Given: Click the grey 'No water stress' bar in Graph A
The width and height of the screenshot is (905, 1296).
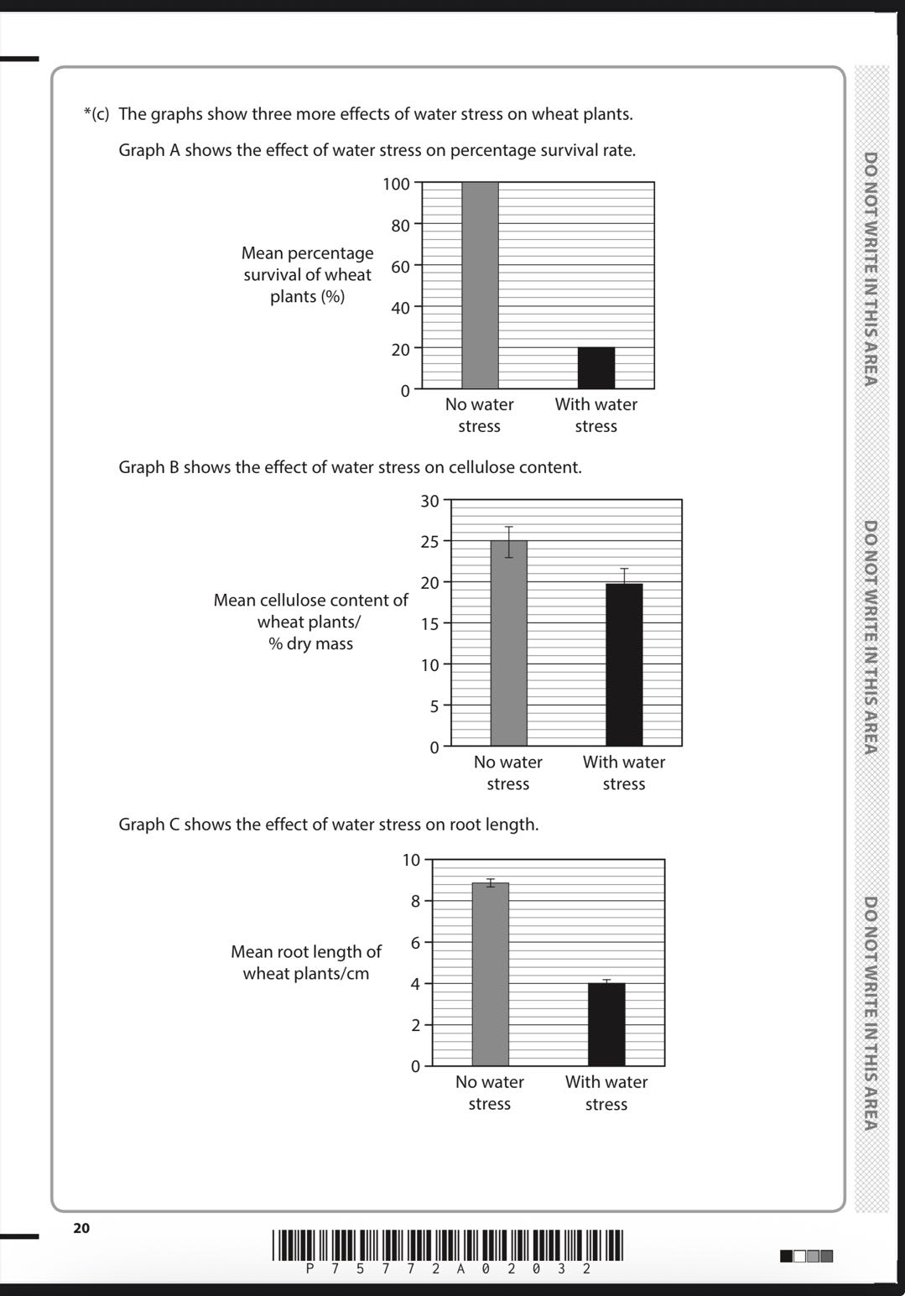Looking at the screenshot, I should click(480, 285).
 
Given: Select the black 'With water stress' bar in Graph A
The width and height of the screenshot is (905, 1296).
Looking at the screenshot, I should click(596, 367).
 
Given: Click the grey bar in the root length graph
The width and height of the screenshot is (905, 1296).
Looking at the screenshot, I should click(490, 974).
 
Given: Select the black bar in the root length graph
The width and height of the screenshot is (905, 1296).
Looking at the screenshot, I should click(606, 1024).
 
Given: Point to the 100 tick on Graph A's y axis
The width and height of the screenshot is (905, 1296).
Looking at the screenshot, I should click(396, 184).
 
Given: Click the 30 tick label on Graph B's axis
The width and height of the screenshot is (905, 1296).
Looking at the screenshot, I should click(429, 501).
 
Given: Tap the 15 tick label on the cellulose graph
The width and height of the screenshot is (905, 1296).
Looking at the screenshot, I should click(429, 623).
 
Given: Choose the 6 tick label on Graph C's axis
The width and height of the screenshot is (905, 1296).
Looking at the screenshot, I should click(415, 942).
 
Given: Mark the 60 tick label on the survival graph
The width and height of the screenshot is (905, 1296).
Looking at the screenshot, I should click(400, 267).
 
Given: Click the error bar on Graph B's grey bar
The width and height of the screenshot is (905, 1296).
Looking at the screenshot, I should click(508, 542).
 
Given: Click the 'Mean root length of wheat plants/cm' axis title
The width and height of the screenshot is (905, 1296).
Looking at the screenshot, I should click(306, 962).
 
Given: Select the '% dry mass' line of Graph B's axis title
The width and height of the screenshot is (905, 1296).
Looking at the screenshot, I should click(310, 643).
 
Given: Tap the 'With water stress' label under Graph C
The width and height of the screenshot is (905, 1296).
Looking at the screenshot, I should click(606, 1092).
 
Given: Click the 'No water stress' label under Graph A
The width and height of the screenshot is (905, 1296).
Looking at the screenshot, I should click(480, 414).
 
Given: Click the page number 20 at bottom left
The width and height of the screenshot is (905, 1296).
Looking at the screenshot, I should click(81, 1228).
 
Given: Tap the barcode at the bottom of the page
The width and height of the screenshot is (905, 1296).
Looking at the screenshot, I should click(448, 1245).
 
